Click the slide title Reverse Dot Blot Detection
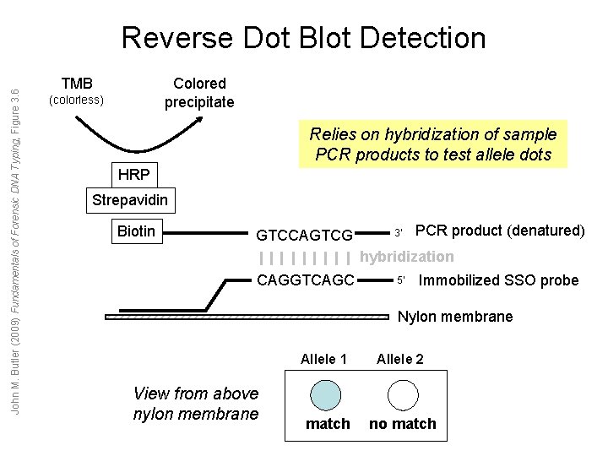[304, 37]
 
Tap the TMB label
[77, 84]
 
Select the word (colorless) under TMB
[77, 100]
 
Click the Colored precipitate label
[199, 93]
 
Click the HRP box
[133, 175]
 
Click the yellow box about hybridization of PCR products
[433, 144]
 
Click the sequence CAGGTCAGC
[305, 280]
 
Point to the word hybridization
[407, 257]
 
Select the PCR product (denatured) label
[501, 231]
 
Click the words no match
[403, 424]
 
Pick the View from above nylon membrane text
[196, 403]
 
